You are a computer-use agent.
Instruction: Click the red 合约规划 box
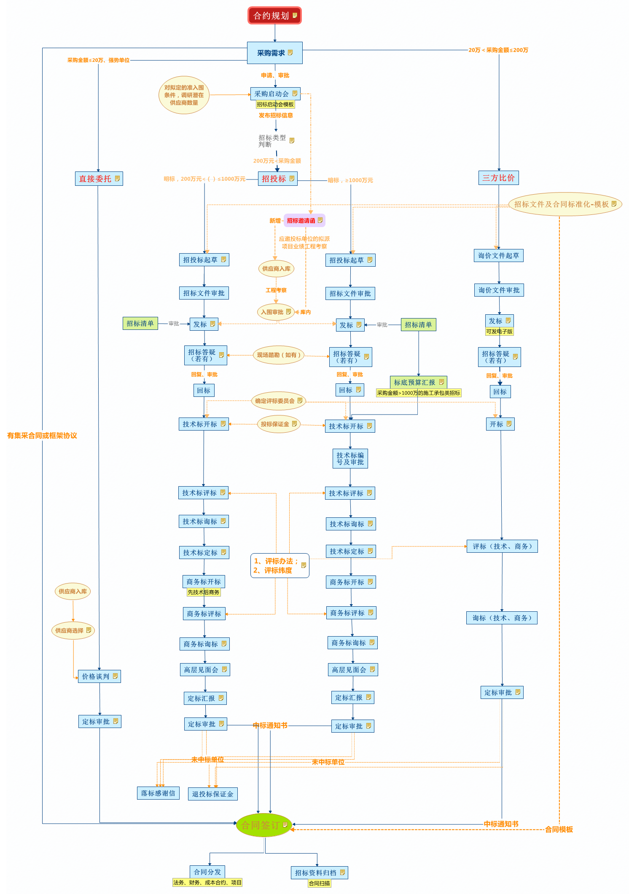pyautogui.click(x=274, y=16)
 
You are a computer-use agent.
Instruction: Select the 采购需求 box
pyautogui.click(x=274, y=53)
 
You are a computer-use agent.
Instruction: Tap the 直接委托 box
pyautogui.click(x=99, y=179)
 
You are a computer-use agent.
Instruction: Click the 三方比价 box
pyautogui.click(x=498, y=178)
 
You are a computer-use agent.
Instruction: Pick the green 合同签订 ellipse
pyautogui.click(x=264, y=825)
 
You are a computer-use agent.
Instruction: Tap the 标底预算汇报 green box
pyautogui.click(x=418, y=382)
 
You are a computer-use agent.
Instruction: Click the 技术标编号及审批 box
pyautogui.click(x=350, y=458)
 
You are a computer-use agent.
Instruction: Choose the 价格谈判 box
pyautogui.click(x=99, y=676)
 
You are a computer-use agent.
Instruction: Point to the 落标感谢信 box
pyautogui.click(x=158, y=793)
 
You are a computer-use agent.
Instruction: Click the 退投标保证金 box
pyautogui.click(x=212, y=794)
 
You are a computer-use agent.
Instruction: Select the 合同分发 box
pyautogui.click(x=207, y=872)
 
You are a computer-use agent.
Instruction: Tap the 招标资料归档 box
pyautogui.click(x=319, y=873)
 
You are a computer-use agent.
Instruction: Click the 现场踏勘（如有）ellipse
pyautogui.click(x=278, y=355)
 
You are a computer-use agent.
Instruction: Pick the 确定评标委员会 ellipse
pyautogui.click(x=278, y=401)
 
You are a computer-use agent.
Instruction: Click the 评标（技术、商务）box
pyautogui.click(x=502, y=546)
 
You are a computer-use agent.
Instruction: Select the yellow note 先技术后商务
pyautogui.click(x=204, y=592)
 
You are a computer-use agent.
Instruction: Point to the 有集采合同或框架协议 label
pyautogui.click(x=42, y=436)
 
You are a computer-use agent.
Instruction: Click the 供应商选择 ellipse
pyautogui.click(x=73, y=630)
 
